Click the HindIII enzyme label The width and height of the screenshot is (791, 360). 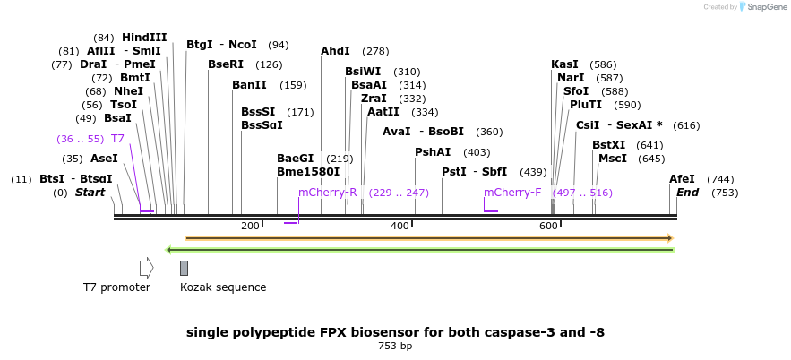click(144, 38)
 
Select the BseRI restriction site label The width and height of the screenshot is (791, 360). click(226, 64)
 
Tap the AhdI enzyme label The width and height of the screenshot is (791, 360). click(335, 51)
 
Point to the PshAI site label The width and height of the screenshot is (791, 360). click(433, 151)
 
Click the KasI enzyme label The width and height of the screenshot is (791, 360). click(564, 64)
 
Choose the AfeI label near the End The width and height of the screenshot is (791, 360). click(682, 179)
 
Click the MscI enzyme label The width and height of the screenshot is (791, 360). click(613, 159)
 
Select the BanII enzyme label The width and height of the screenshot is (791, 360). click(249, 85)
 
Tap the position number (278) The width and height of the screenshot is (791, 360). click(375, 51)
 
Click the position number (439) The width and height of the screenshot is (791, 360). click(533, 173)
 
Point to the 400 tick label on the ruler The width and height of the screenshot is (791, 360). click(400, 226)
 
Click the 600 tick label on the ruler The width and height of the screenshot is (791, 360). click(548, 226)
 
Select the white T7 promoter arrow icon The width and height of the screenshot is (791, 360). click(146, 269)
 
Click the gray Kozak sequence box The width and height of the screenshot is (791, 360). click(185, 269)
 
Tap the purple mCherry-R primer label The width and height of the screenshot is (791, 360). click(327, 193)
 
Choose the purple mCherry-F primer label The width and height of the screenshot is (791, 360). click(512, 193)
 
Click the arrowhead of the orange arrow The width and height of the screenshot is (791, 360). click(671, 238)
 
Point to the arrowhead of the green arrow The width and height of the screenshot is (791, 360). click(169, 249)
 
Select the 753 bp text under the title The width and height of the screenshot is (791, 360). click(395, 347)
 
